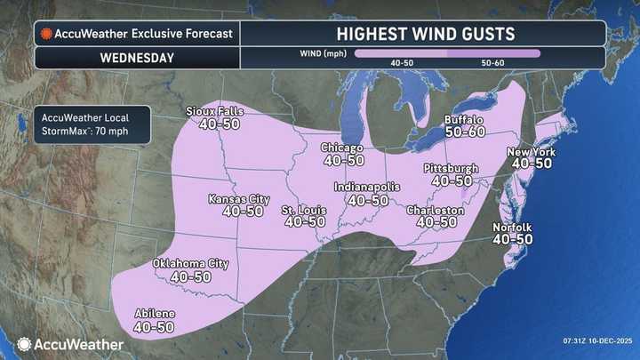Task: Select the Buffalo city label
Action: coord(464,117)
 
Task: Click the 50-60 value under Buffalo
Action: coord(464,131)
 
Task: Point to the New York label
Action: coord(532,152)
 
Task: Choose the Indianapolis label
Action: coord(367,188)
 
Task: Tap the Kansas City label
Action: coord(237,198)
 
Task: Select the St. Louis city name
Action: coord(304,210)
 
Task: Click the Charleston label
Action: coord(436,211)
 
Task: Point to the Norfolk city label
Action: coord(513,228)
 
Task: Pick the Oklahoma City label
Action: coord(191,264)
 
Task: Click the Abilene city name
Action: coord(154,315)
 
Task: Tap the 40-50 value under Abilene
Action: coord(154,328)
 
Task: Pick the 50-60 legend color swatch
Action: coord(492,53)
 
